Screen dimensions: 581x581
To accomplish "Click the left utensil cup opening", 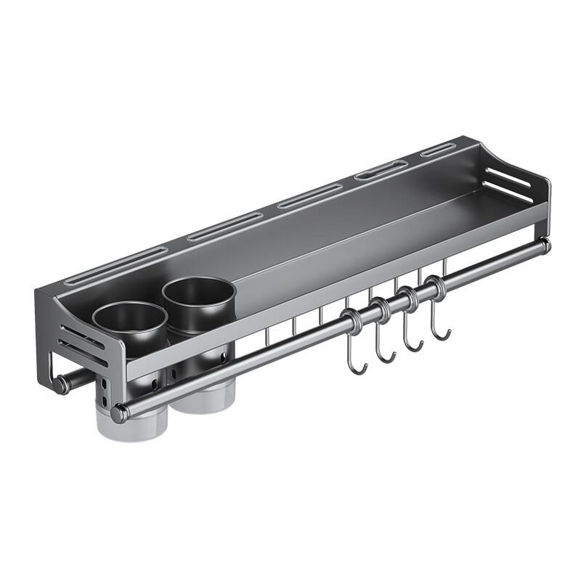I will [x=130, y=320].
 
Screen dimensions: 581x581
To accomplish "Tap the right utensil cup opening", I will [x=198, y=293].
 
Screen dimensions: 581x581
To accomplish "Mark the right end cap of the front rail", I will [x=545, y=245].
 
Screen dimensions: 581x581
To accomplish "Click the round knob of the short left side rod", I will [x=60, y=383].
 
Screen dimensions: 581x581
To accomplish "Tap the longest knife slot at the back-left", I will [x=116, y=265].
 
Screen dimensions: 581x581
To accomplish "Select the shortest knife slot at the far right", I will [x=438, y=150].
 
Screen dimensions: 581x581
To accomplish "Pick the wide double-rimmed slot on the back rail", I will [x=381, y=170].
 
